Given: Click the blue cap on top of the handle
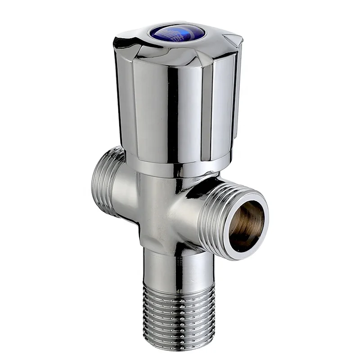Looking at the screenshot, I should (x=177, y=32).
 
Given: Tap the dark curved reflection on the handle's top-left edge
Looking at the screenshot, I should (x=124, y=43).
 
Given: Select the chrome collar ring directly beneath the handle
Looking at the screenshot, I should (x=175, y=168).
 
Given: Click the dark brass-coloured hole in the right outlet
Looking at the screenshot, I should (x=245, y=225).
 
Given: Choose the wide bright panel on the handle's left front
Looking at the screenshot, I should (x=148, y=108).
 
